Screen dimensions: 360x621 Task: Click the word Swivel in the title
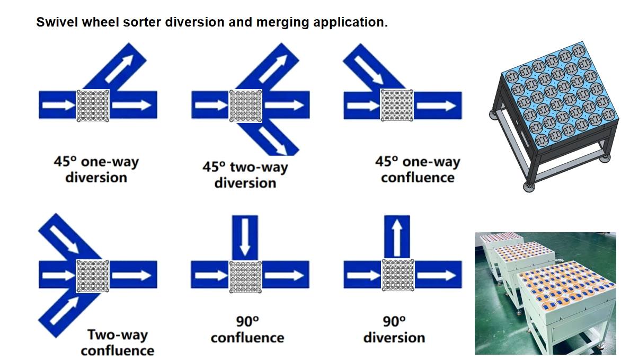pos(52,23)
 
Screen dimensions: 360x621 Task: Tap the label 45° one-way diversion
pos(96,169)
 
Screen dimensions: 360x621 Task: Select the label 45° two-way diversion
pos(245,174)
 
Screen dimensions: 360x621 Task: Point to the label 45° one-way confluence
pos(418,169)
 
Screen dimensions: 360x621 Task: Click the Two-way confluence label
pos(117,343)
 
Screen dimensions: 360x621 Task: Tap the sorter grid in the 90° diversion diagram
pos(398,276)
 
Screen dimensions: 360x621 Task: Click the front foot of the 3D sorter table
pos(528,186)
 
